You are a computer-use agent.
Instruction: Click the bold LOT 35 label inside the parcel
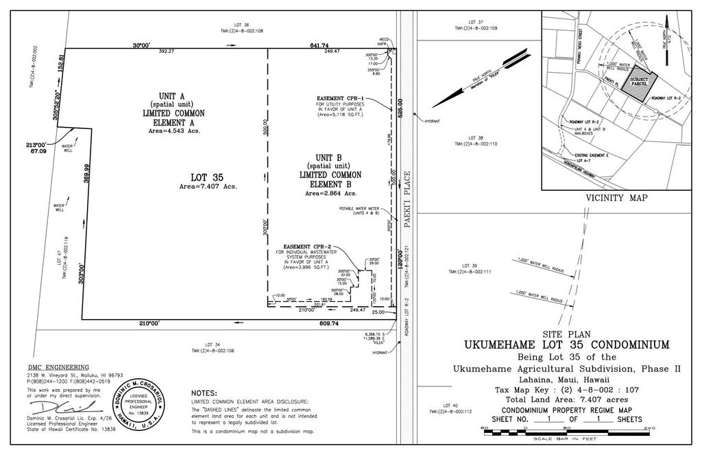(204, 176)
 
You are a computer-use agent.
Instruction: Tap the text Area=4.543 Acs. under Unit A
(173, 130)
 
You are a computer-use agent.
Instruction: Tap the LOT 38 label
(475, 137)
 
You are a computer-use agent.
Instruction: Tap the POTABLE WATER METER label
(359, 209)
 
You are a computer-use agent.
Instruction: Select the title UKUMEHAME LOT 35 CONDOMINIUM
(567, 345)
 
